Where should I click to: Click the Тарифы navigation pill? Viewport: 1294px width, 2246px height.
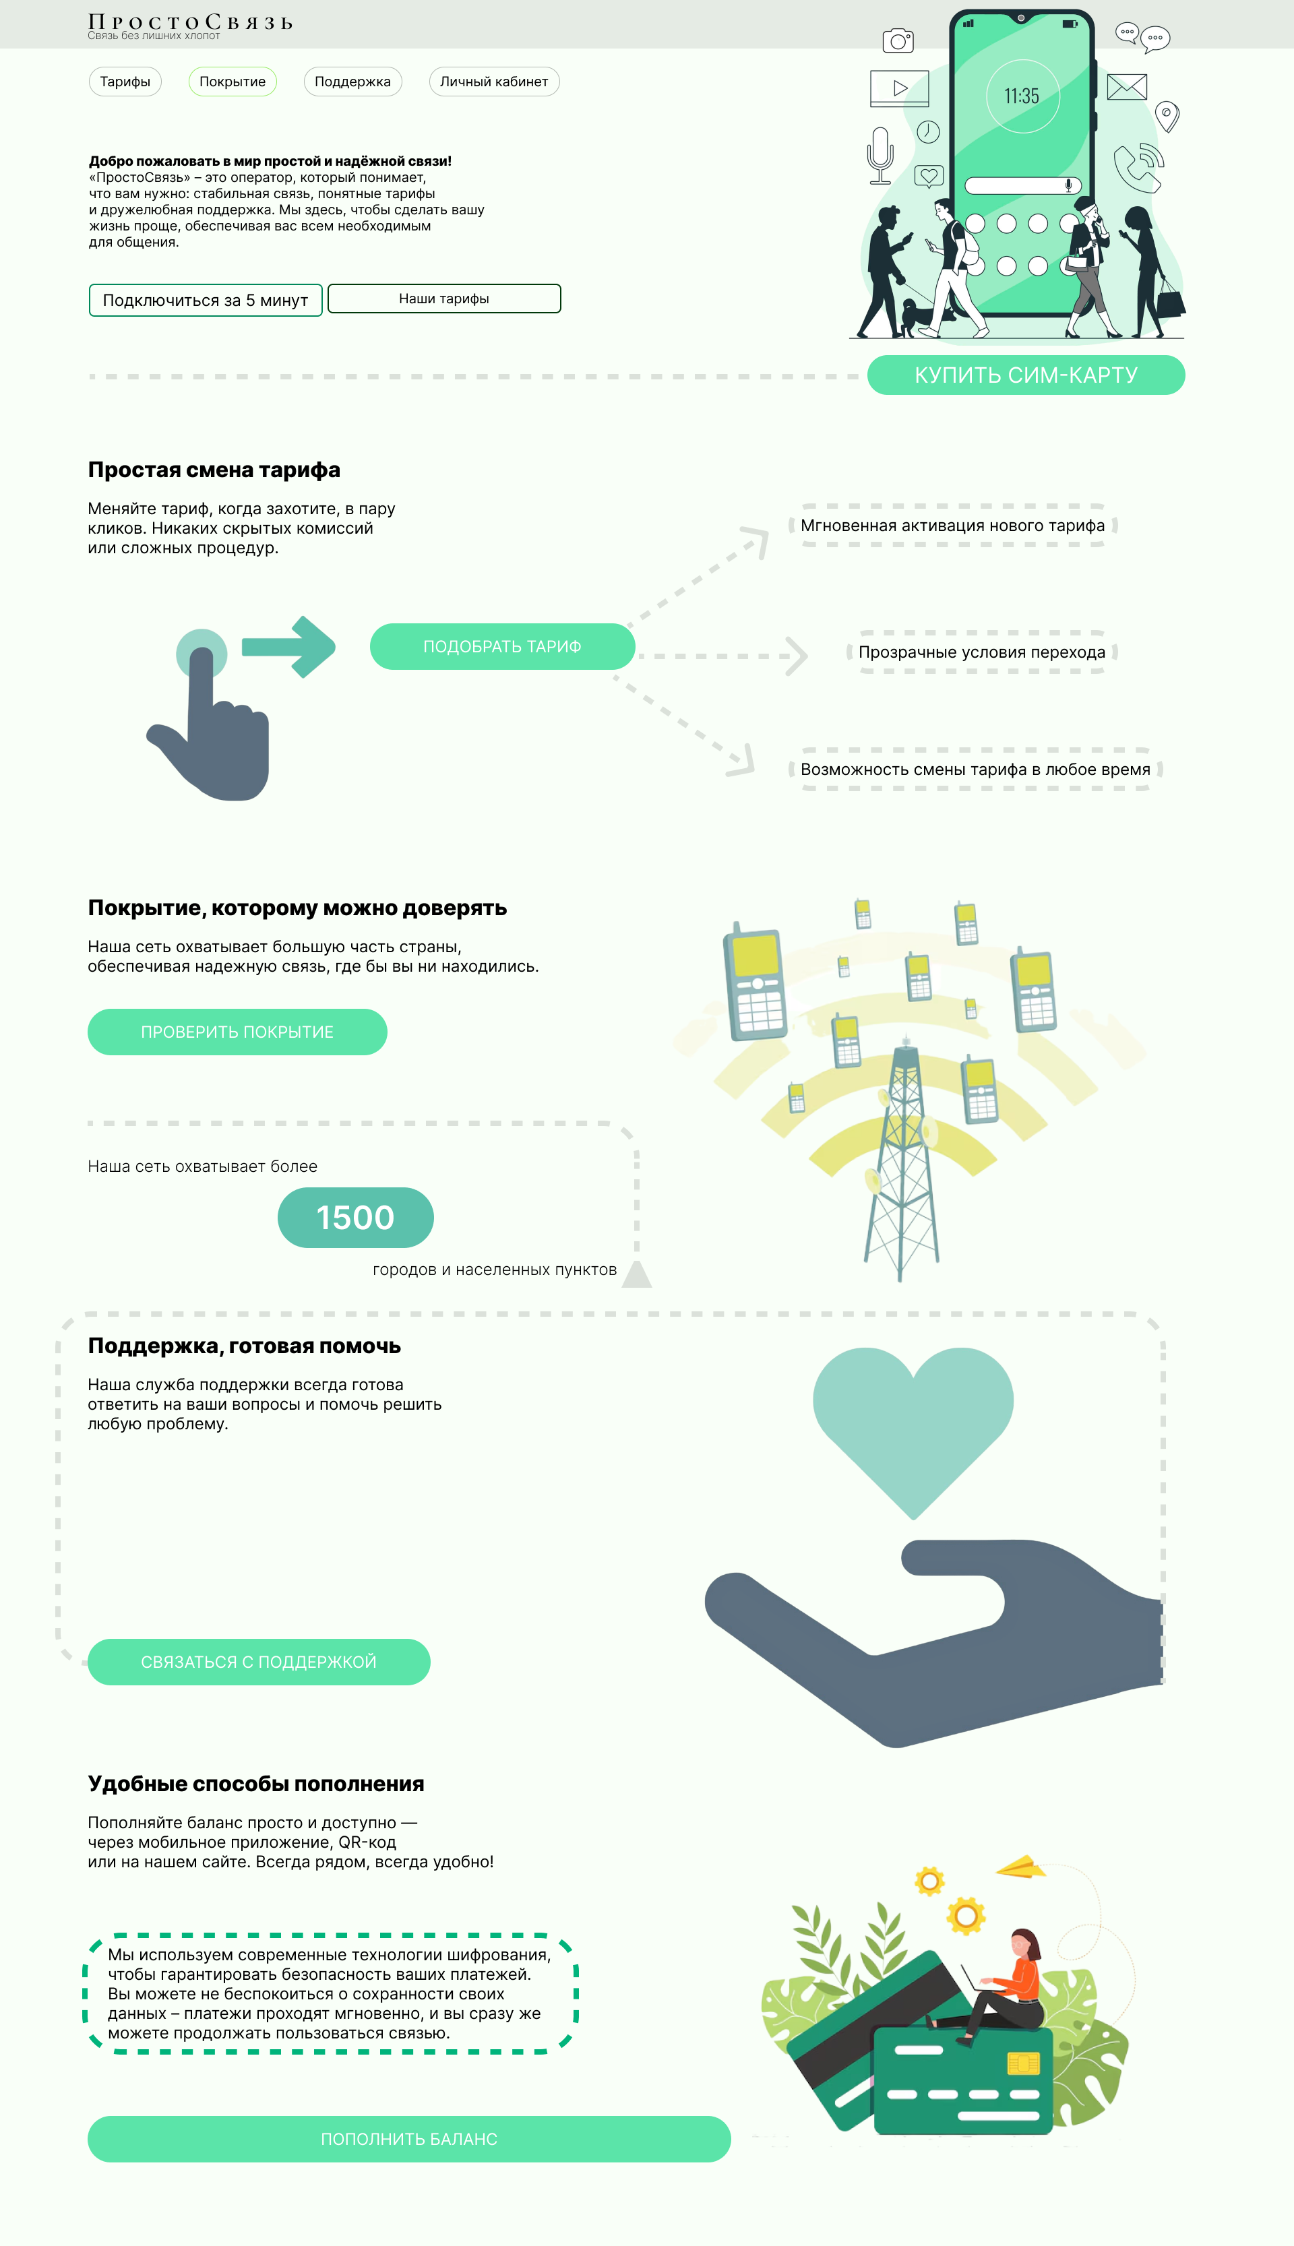tap(125, 82)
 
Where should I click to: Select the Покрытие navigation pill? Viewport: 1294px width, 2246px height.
tap(232, 82)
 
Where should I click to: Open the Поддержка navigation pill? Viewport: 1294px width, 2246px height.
tap(353, 82)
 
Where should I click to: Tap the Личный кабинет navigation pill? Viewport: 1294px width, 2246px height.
tap(494, 82)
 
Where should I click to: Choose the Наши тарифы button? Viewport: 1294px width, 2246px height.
tap(444, 299)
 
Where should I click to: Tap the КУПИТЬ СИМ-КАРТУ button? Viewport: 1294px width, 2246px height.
tap(1026, 375)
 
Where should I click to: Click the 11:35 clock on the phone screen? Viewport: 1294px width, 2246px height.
tap(1022, 96)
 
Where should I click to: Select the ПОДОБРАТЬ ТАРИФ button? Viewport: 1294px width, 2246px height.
tap(502, 647)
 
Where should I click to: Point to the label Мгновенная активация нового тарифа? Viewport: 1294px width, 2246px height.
tap(953, 525)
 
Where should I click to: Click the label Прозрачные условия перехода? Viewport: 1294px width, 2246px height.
tap(982, 652)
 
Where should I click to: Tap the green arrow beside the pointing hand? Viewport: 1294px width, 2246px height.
tap(289, 647)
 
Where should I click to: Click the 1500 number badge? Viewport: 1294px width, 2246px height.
tap(355, 1217)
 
